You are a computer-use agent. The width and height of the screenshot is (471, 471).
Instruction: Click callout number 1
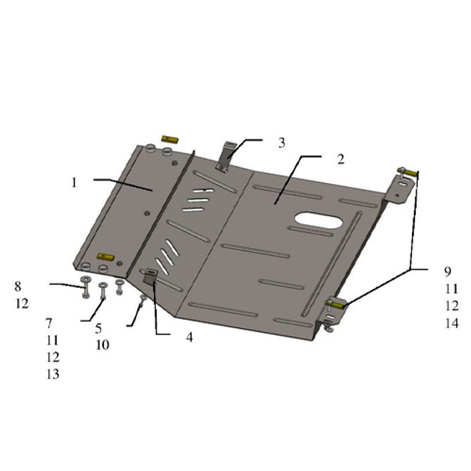74,182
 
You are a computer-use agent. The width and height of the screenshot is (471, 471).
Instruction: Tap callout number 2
341,159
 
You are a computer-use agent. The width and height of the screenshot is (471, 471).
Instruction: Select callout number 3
281,143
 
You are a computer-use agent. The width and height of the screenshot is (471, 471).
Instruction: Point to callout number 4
189,337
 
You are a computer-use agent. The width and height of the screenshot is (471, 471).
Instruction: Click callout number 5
99,329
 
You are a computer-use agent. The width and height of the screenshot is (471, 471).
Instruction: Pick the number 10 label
102,345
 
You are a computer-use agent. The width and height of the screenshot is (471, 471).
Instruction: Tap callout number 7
49,323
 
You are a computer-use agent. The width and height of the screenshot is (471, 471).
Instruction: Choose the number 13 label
52,375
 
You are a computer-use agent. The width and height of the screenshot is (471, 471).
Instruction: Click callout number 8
18,286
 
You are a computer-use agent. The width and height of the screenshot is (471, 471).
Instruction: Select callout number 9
448,271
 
